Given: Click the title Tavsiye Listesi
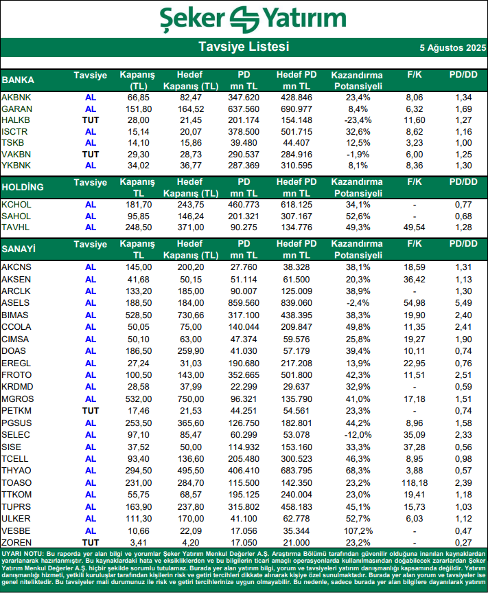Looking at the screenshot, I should (244, 47).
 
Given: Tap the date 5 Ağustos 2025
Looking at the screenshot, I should (452, 48).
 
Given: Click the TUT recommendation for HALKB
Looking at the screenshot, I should (91, 120).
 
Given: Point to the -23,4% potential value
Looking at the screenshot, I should (356, 120).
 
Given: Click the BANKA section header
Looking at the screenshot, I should (18, 80).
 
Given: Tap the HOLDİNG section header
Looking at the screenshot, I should (23, 187).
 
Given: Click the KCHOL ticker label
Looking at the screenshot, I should (16, 205).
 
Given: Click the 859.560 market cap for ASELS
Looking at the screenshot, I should (244, 302).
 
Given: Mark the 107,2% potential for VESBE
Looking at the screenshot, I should (356, 530).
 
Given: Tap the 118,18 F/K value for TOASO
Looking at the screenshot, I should (414, 484).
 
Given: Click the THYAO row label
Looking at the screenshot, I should (16, 471).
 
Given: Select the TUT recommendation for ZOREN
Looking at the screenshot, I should (91, 543).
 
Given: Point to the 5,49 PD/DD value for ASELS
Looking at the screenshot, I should (463, 302).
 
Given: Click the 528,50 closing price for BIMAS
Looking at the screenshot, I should (138, 315).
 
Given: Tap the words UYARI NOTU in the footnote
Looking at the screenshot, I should (23, 554).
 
